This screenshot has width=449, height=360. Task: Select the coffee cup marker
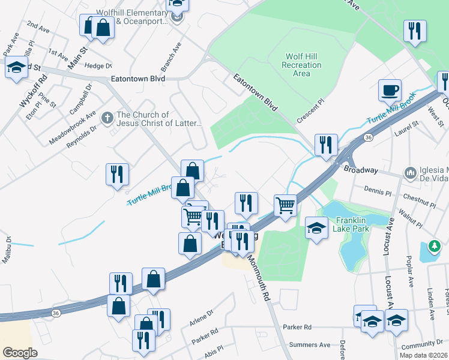click(x=390, y=90)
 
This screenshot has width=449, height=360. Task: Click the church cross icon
click(x=107, y=116)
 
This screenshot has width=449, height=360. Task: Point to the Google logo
click(x=20, y=352)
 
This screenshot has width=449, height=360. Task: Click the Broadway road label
click(x=361, y=170)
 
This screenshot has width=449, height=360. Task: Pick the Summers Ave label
click(x=310, y=345)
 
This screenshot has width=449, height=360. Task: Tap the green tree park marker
click(x=433, y=247)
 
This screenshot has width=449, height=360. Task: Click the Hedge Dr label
click(x=98, y=66)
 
